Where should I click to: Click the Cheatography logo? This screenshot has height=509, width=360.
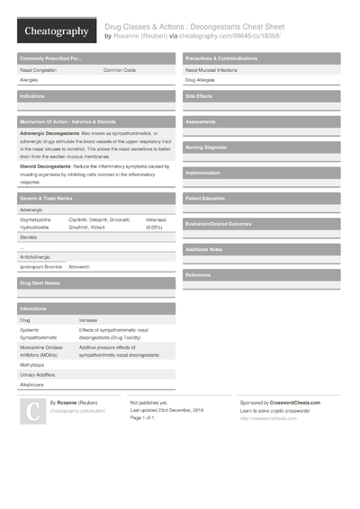click(x=56, y=31)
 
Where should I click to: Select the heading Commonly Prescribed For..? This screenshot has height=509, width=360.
click(x=52, y=58)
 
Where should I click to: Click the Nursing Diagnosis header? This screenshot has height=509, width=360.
click(x=206, y=147)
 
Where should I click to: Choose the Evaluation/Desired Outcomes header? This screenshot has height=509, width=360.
click(x=219, y=223)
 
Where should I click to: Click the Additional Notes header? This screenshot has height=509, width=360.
click(x=203, y=249)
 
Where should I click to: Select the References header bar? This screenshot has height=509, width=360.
click(x=198, y=274)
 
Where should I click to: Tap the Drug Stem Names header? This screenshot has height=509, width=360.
click(x=40, y=283)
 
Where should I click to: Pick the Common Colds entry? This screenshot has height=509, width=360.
click(x=120, y=69)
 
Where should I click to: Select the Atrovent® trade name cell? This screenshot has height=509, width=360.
click(x=79, y=267)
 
